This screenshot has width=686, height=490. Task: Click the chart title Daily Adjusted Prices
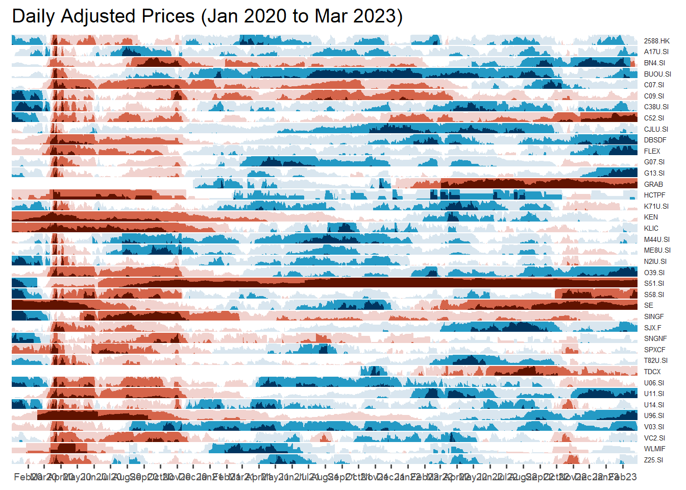(207, 16)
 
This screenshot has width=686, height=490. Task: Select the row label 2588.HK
(656, 41)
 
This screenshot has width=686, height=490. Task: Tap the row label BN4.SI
(654, 63)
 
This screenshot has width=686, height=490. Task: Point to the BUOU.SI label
(657, 74)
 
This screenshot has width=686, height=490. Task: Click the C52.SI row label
(654, 118)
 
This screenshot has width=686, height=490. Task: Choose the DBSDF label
(655, 140)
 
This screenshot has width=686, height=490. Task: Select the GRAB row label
(653, 184)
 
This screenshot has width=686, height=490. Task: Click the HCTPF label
(654, 195)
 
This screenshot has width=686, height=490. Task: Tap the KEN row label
(651, 217)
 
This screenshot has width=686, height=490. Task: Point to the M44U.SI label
(656, 239)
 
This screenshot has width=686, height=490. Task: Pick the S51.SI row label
(654, 283)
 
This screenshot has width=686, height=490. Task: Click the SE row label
(648, 305)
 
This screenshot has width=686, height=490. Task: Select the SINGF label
(654, 316)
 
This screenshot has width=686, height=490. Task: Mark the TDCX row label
(652, 372)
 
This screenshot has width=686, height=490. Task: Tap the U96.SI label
(654, 415)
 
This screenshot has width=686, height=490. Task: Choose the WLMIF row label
(654, 449)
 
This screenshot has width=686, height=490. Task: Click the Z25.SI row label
(653, 460)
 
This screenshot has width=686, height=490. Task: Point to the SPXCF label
(654, 350)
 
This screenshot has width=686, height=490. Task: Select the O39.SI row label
(654, 273)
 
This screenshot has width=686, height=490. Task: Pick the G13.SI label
(654, 173)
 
